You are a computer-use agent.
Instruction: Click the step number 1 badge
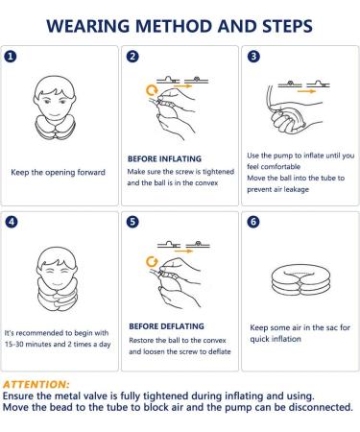pyautogui.click(x=11, y=57)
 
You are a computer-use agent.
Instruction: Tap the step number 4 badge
pyautogui.click(x=12, y=222)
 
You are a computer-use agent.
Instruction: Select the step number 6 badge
pyautogui.click(x=253, y=222)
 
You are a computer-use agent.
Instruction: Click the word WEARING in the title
pyautogui.click(x=87, y=26)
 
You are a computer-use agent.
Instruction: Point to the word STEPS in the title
pyautogui.click(x=287, y=26)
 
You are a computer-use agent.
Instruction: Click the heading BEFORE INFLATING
pyautogui.click(x=164, y=159)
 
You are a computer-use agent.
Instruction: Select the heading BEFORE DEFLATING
pyautogui.click(x=166, y=326)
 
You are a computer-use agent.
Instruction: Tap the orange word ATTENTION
pyautogui.click(x=36, y=384)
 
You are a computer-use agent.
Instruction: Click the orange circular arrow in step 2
pyautogui.click(x=152, y=90)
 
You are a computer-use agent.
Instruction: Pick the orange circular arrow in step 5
pyautogui.click(x=152, y=262)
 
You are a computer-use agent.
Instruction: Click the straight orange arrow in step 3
pyautogui.click(x=306, y=91)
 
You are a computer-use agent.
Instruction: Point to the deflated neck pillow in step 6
pyautogui.click(x=300, y=280)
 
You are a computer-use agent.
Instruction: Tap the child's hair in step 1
pyautogui.click(x=55, y=86)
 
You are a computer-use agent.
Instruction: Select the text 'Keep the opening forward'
pyautogui.click(x=58, y=173)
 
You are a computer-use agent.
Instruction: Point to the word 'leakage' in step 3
pyautogui.click(x=296, y=189)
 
